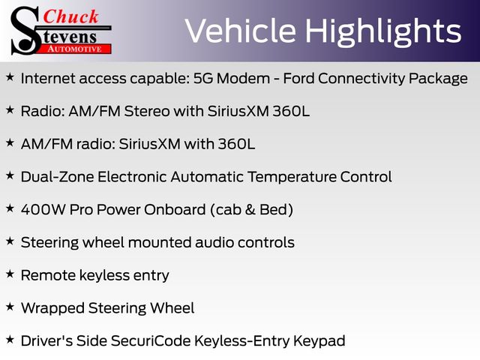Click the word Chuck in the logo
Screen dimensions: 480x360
[x=70, y=16]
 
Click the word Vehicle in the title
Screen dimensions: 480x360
[x=241, y=31]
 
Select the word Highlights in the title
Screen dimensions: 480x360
[x=383, y=32]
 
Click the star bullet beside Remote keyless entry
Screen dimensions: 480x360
[x=10, y=274]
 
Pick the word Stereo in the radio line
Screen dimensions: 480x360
[x=147, y=111]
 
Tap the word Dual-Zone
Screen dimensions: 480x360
[x=57, y=177]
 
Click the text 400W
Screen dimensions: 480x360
[x=43, y=210]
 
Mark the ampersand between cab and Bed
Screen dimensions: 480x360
[x=250, y=210]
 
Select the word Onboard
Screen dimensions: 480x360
[x=175, y=210]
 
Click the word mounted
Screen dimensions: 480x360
[x=160, y=242]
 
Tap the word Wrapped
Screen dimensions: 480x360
[x=52, y=308]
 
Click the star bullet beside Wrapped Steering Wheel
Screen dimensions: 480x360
[x=10, y=307]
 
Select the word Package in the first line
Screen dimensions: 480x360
[x=438, y=79]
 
